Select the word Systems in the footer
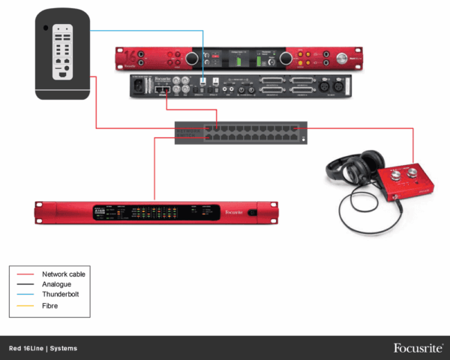tap(64, 349)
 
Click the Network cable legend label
tap(64, 274)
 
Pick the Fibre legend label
tap(50, 306)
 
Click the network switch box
tap(241, 133)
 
